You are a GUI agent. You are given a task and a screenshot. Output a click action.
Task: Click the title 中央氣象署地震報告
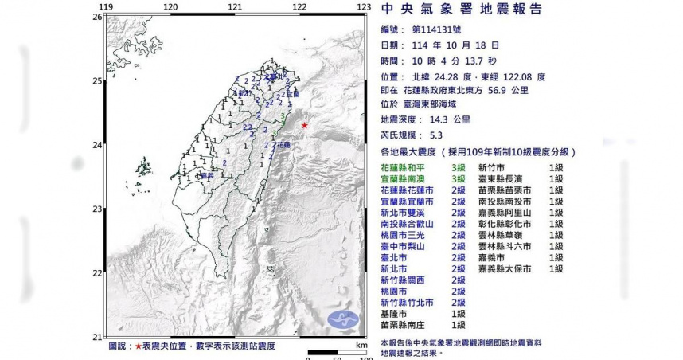(x=462, y=10)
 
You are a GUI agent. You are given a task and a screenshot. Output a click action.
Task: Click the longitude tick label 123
(x=365, y=7)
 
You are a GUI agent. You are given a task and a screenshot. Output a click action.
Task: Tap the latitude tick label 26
(x=96, y=17)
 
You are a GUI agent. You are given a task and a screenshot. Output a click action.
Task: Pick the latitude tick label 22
(x=96, y=272)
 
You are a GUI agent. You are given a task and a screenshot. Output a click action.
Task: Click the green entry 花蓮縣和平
(x=404, y=168)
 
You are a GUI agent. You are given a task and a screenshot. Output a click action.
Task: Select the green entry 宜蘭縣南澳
(x=404, y=180)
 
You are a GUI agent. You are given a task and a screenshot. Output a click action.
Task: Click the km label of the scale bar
(x=361, y=346)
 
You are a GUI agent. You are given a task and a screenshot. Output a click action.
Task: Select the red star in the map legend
(x=139, y=346)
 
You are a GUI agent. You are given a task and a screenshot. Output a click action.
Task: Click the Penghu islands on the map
(x=144, y=167)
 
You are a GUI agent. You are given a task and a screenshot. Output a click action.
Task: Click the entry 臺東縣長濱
(x=501, y=180)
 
